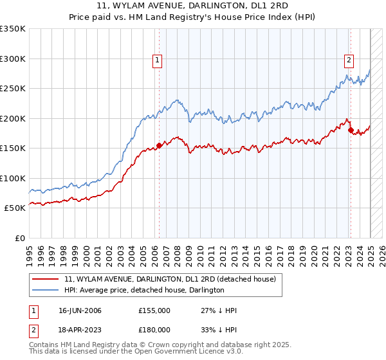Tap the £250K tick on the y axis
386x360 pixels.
click(x=13, y=89)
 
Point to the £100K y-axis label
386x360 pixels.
click(x=13, y=178)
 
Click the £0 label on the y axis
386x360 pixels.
click(x=21, y=238)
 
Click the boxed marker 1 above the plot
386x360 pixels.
click(x=158, y=60)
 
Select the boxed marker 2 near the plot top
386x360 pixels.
click(x=349, y=60)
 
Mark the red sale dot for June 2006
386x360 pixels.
click(x=159, y=146)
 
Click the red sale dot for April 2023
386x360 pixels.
click(x=351, y=130)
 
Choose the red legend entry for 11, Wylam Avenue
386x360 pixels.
click(x=170, y=279)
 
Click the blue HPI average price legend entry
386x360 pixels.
click(x=144, y=291)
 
